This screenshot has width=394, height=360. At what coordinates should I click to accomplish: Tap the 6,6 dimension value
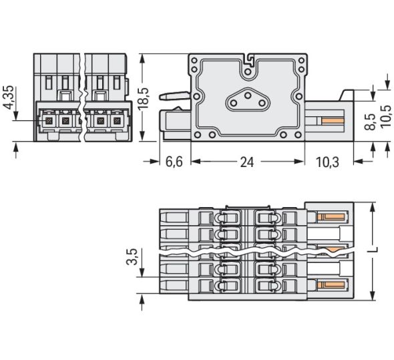click(x=174, y=162)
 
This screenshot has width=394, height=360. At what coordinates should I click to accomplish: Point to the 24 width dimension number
click(x=248, y=162)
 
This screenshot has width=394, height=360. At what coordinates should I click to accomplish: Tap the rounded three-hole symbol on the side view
click(x=248, y=101)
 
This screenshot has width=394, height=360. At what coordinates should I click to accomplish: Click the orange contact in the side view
click(x=332, y=121)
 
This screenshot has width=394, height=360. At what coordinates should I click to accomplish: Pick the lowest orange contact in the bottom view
click(x=331, y=283)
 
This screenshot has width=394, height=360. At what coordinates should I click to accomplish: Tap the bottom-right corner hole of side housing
click(x=303, y=135)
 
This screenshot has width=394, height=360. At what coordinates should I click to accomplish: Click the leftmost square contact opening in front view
click(x=49, y=121)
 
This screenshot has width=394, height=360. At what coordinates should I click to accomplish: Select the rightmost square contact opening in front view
click(x=118, y=121)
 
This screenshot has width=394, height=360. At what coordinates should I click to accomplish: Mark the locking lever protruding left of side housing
click(x=172, y=97)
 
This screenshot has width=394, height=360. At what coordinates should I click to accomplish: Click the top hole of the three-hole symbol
click(x=248, y=96)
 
